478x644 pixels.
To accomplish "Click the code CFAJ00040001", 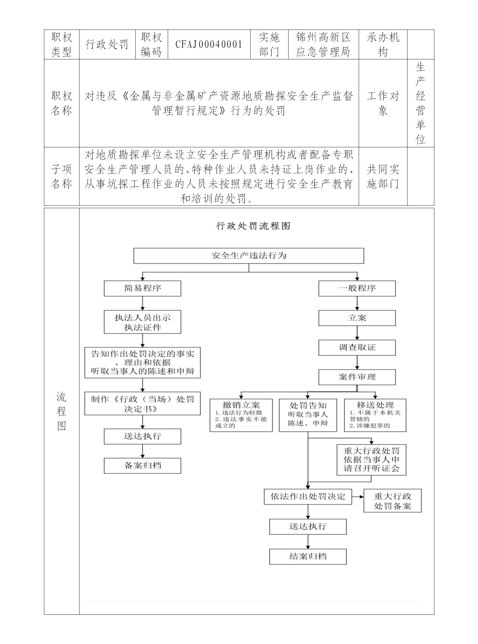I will click(209, 45).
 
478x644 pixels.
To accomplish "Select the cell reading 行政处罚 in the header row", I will click(107, 45).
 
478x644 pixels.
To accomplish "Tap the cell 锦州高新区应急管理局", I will click(323, 45).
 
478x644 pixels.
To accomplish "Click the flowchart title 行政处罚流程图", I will click(253, 226).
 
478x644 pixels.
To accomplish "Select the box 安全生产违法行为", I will click(248, 256).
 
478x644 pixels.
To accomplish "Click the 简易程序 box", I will click(142, 288).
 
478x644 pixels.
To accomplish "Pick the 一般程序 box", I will click(357, 288).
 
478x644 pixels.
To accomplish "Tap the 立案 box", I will click(357, 318).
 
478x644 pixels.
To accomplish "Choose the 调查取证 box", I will click(357, 347).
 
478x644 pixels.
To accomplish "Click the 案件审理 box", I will click(357, 377).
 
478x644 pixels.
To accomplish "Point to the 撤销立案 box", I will click(241, 415).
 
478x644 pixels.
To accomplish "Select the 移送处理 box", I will click(375, 415).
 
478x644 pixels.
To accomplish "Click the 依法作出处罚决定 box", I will click(308, 497).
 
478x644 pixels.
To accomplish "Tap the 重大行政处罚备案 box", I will click(392, 501).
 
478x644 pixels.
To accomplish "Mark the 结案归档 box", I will click(308, 556).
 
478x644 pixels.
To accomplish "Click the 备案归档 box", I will click(142, 466).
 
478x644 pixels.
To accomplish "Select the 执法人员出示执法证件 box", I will click(142, 322).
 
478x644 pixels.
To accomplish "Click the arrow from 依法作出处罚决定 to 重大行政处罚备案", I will click(358, 497).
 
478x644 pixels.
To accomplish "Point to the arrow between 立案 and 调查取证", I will click(357, 333).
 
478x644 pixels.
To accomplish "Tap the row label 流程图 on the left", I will click(61, 411).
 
